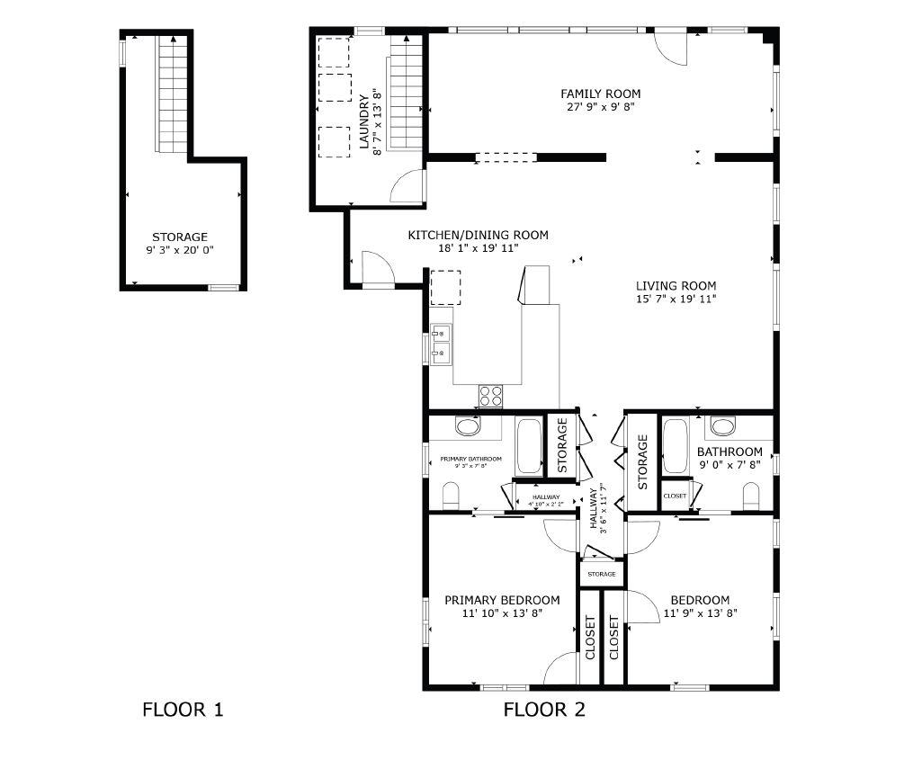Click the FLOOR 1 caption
pyautogui.click(x=183, y=710)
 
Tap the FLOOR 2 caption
pyautogui.click(x=544, y=710)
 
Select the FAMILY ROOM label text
pyautogui.click(x=600, y=94)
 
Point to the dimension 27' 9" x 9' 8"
pyautogui.click(x=600, y=106)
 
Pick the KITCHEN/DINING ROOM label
pyautogui.click(x=478, y=235)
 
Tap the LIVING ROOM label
pyautogui.click(x=676, y=286)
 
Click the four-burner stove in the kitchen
pyautogui.click(x=490, y=392)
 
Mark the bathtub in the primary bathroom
pyautogui.click(x=529, y=446)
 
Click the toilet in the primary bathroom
pyautogui.click(x=451, y=495)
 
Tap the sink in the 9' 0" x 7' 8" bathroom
pyautogui.click(x=723, y=425)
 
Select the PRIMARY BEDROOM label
pyautogui.click(x=502, y=600)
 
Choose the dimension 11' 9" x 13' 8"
pyautogui.click(x=699, y=613)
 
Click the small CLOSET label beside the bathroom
pyautogui.click(x=675, y=496)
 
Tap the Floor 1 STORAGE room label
pyautogui.click(x=180, y=237)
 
